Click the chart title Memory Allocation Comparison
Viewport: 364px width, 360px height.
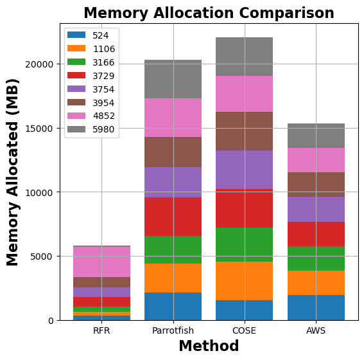[209, 13]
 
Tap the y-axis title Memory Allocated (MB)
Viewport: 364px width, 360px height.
[13, 172]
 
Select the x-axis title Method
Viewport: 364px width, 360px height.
[209, 346]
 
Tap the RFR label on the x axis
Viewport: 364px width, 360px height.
[101, 330]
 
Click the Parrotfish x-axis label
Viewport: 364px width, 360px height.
[173, 330]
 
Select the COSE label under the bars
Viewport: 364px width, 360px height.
[244, 330]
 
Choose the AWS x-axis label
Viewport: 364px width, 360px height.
[316, 330]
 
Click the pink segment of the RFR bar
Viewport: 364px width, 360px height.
[101, 262]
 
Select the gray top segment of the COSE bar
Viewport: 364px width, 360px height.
[244, 57]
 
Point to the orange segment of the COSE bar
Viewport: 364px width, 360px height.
[244, 281]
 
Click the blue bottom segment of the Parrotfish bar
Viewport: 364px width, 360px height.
[173, 306]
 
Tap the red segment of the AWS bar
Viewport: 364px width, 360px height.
[316, 234]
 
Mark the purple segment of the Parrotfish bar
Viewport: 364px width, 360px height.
[173, 182]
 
